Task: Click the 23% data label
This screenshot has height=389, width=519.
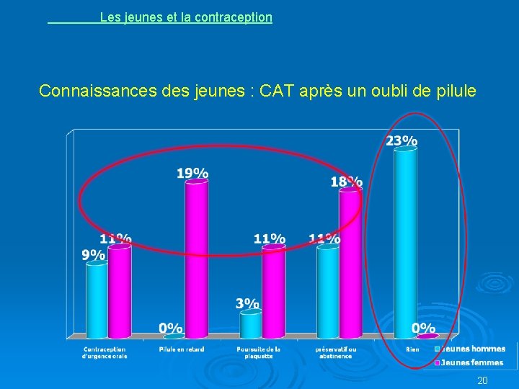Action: pos(402,141)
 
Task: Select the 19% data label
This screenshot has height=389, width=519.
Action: pos(192,173)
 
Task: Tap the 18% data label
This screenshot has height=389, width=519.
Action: pos(346,182)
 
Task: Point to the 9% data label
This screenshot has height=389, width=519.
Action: pos(93,254)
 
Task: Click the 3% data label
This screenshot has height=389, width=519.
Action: pos(247,303)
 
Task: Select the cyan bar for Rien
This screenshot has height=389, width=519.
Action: pos(405,241)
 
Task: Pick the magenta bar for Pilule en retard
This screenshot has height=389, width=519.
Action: pos(196,258)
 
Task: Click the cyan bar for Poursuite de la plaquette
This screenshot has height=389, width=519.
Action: pos(251,324)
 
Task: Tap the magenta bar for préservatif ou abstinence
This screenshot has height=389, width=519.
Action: pos(350,263)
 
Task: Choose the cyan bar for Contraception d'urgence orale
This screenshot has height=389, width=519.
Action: pos(97,299)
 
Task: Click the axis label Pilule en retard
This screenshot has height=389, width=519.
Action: pos(182,349)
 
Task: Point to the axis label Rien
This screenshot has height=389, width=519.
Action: pos(412,349)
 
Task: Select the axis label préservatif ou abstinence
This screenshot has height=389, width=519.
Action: pos(335,352)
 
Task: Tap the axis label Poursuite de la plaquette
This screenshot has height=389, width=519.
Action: pos(258,352)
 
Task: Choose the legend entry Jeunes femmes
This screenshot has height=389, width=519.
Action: pos(473,362)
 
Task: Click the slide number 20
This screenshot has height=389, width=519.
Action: pos(482,380)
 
